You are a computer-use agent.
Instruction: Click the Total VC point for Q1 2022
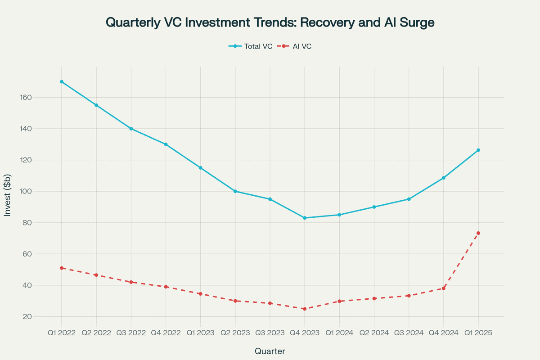point(62,82)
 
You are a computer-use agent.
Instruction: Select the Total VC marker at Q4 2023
point(305,218)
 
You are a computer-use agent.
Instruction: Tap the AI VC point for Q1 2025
point(478,233)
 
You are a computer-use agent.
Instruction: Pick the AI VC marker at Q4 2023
point(305,309)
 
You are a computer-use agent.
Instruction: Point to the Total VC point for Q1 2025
point(478,150)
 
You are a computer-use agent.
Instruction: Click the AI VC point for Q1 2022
point(62,268)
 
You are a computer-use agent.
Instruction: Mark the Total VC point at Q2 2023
point(235,191)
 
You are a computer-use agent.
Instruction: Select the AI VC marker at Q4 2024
point(444,288)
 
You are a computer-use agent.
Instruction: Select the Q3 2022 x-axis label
point(131,333)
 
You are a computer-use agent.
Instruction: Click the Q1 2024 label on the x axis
point(339,333)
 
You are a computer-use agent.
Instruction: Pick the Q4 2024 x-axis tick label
point(444,333)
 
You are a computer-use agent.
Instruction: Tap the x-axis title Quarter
point(270,351)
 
